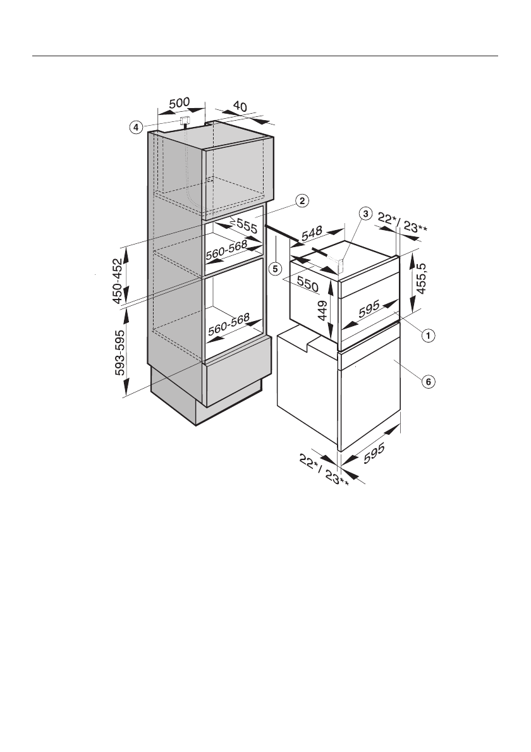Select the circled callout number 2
click(302, 201)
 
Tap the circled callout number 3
click(365, 214)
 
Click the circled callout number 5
click(274, 268)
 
